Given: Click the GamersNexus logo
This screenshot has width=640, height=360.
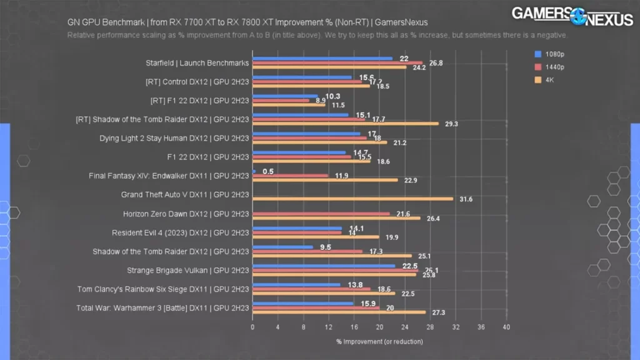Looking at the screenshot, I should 572,15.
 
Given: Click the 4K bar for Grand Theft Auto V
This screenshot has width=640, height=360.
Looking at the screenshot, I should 352,199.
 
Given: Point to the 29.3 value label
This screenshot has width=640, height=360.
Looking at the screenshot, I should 451,124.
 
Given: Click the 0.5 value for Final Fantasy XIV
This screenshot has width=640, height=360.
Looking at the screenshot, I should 268,171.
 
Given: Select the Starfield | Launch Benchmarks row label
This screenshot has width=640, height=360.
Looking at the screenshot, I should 197,63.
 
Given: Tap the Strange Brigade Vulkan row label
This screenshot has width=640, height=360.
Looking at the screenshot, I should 187,271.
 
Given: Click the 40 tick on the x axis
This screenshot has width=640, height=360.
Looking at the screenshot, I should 506,327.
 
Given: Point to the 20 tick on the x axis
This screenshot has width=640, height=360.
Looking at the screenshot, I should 379,327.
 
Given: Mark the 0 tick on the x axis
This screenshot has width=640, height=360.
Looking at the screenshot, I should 252,327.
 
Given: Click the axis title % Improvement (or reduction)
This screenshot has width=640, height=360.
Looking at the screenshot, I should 379,341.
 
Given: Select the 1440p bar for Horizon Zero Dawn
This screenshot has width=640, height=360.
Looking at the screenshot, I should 321,214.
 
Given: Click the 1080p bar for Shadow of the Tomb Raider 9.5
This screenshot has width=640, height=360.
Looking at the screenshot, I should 282,247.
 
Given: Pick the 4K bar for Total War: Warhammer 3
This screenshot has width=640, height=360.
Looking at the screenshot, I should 339,312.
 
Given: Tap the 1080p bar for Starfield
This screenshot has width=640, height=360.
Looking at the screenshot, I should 322,59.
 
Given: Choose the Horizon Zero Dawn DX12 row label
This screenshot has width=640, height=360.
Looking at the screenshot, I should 186,214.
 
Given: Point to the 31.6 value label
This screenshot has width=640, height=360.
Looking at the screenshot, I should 466,199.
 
